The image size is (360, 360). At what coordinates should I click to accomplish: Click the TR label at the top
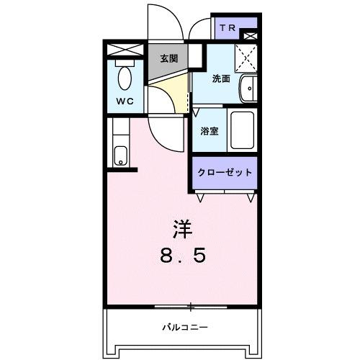coord(228,29)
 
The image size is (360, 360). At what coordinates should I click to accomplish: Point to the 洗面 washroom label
coord(220,79)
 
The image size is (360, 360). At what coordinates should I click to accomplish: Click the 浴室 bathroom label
coord(210,132)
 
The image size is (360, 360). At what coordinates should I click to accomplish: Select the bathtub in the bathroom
coord(242,130)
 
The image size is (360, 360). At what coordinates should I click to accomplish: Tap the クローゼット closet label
coord(225,173)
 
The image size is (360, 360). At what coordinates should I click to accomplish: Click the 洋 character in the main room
coord(182,229)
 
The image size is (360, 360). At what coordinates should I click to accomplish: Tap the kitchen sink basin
coord(121,156)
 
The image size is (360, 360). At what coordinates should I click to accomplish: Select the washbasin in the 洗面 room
coord(248,89)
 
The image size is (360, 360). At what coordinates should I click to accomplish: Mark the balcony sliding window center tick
coord(191,307)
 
